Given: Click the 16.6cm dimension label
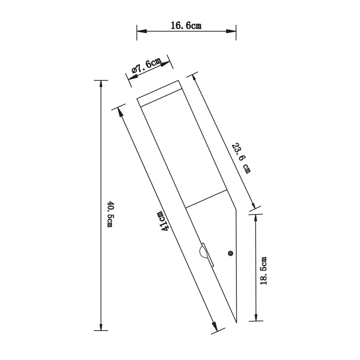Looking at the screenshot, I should [186, 26].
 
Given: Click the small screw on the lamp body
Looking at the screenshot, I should [231, 253].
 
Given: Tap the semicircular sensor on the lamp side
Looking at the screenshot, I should [202, 253].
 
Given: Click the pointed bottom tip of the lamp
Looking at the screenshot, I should [236, 322].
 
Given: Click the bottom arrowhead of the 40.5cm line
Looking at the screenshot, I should [100, 326].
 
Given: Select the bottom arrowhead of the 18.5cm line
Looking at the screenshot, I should [255, 317].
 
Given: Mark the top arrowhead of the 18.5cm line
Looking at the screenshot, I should [255, 218].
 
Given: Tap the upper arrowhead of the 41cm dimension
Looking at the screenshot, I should [120, 110].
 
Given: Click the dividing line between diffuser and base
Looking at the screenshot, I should [205, 199].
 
